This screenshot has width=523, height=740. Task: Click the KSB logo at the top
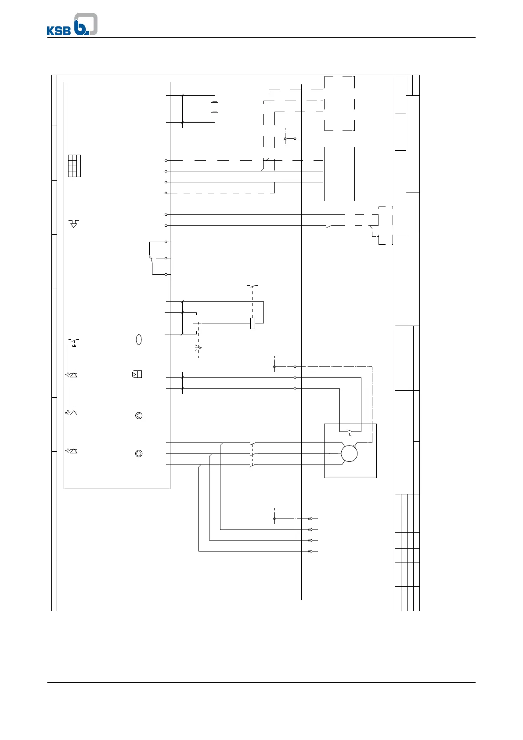[x=72, y=25]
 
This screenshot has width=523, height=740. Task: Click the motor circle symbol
[x=349, y=453]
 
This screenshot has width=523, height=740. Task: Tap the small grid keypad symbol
[x=74, y=166]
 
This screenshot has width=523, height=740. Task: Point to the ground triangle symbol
[x=74, y=224]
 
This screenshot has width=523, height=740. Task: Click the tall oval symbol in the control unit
[x=139, y=340]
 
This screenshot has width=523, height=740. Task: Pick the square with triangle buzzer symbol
[x=137, y=374]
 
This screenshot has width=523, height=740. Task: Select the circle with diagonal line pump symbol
[x=139, y=416]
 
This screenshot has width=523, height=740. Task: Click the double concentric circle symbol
[x=139, y=453]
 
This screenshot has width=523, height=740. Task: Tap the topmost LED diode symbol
[x=73, y=375]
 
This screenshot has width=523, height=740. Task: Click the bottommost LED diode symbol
[x=73, y=451]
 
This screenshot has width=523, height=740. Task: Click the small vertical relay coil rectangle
[x=252, y=323]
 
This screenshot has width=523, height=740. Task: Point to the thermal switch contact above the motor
[x=350, y=432]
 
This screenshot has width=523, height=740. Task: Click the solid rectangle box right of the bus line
[x=339, y=174]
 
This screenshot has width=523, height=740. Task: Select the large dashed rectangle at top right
[x=339, y=103]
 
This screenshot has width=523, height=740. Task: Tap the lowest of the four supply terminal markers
[x=310, y=551]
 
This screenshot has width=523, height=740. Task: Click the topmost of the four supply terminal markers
[x=310, y=519]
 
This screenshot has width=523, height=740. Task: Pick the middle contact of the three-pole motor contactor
[x=252, y=453]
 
